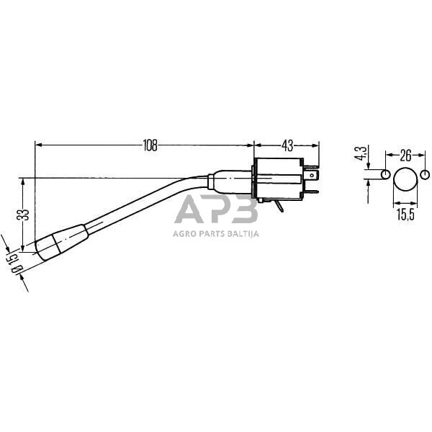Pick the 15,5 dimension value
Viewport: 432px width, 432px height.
tap(405, 214)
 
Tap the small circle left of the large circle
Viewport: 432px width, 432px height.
tap(385, 175)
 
